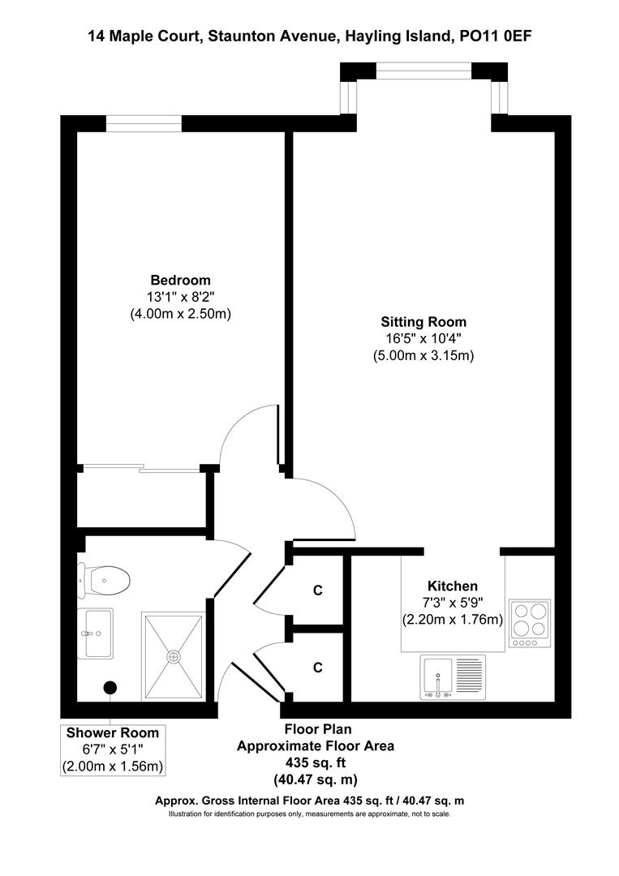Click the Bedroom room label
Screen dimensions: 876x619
click(180, 281)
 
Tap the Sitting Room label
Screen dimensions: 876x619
click(423, 321)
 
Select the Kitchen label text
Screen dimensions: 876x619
click(452, 586)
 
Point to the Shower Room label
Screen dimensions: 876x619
click(113, 733)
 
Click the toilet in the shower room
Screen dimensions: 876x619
click(107, 579)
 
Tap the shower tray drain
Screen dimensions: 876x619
click(172, 656)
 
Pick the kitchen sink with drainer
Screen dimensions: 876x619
click(452, 677)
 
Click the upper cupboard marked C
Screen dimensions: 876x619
click(318, 590)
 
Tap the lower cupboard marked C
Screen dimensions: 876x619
click(318, 668)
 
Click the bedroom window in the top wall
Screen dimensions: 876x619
click(144, 123)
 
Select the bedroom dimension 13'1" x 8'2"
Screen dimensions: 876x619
click(180, 297)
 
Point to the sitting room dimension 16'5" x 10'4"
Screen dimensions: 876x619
click(423, 338)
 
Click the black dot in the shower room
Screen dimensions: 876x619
click(109, 688)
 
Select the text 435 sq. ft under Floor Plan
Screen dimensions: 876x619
click(316, 763)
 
